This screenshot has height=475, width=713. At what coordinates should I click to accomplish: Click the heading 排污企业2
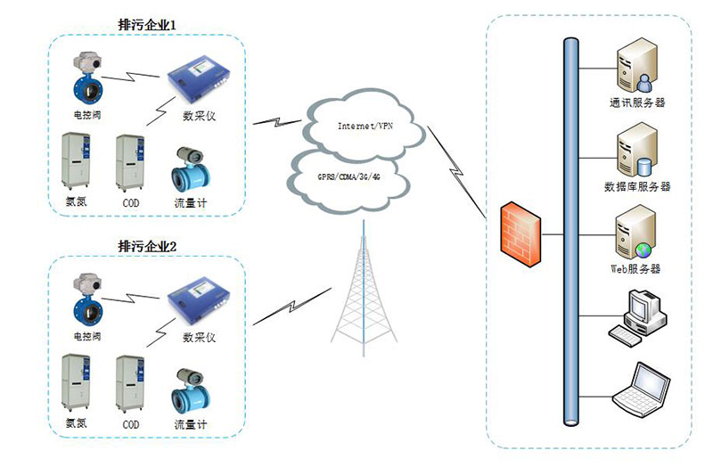point(148,245)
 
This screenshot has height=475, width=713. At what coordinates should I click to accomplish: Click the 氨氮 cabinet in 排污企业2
point(75,384)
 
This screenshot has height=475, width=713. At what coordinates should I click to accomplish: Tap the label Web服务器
point(635,268)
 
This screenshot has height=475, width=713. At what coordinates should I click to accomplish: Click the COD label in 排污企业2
point(130,424)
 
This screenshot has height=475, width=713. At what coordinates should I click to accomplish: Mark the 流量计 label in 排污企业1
point(191,202)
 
